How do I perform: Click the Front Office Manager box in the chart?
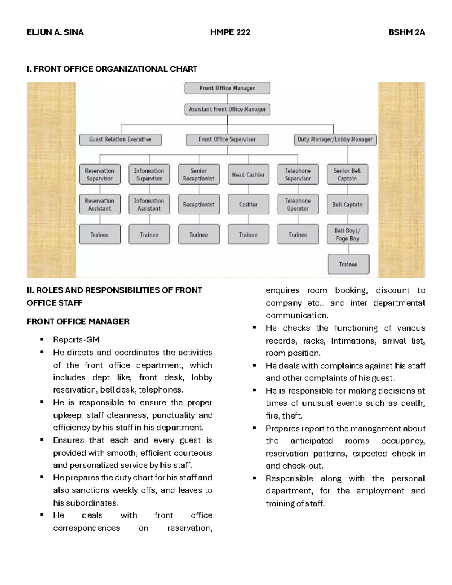click(227, 88)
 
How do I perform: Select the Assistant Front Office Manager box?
click(227, 109)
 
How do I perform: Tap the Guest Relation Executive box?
click(120, 139)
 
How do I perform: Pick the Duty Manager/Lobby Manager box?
click(335, 139)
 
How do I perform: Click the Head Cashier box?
click(248, 174)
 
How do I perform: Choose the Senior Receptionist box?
click(199, 174)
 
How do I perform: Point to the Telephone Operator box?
click(298, 205)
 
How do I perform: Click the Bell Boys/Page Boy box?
click(347, 234)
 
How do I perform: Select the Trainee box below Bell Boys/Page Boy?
click(348, 264)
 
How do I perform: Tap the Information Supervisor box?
click(149, 174)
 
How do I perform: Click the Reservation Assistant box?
click(99, 205)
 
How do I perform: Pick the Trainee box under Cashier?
click(248, 235)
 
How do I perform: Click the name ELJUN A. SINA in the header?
click(55, 32)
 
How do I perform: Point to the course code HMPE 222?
click(230, 32)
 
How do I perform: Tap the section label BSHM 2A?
click(407, 32)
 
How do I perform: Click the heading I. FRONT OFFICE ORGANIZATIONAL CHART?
click(112, 69)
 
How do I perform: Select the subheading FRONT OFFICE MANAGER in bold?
click(78, 321)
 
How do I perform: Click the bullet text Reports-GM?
click(76, 340)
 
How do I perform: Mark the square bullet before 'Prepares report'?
click(255, 428)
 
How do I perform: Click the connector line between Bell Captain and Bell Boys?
click(348, 219)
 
